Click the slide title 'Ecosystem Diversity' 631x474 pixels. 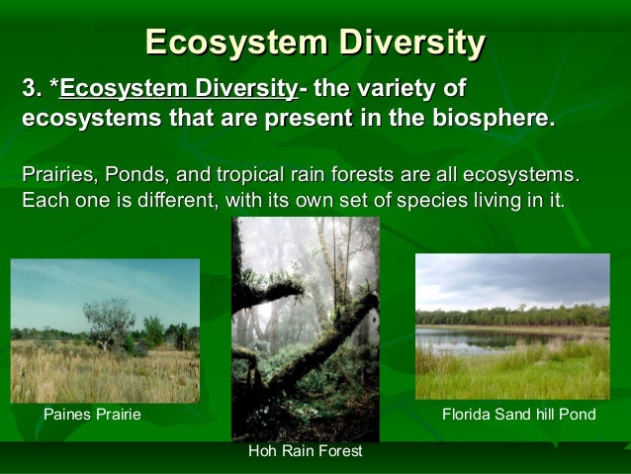pos(315,43)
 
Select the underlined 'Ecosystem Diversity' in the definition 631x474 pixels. pos(178,90)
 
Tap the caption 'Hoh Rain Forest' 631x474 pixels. pos(305,451)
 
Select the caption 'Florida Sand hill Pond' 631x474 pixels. pos(518,414)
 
